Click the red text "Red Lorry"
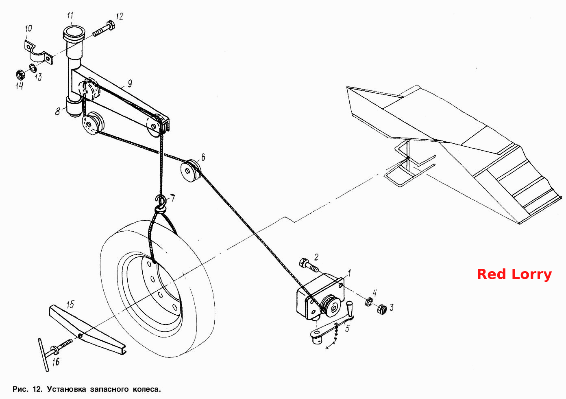(514, 274)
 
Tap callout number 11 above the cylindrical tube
(70, 15)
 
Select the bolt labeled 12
(104, 29)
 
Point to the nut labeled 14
(20, 75)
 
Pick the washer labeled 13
(33, 68)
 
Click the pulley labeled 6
(191, 171)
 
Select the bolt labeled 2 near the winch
(309, 266)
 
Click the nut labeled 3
(382, 309)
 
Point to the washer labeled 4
(369, 302)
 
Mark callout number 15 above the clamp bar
(70, 305)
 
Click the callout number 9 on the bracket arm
(130, 83)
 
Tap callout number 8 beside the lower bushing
(58, 111)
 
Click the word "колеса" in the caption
(147, 389)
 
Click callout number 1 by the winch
(349, 273)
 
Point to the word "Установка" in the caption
(66, 389)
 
